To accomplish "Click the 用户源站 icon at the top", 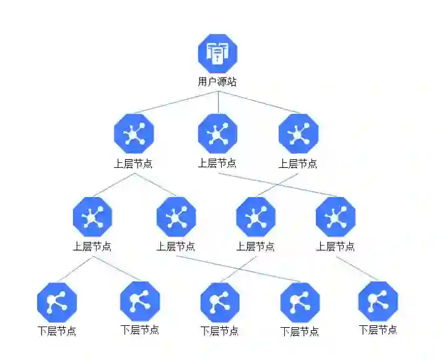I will point(217,55).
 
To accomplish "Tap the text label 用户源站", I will point(217,81).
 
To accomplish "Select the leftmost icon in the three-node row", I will point(134,134).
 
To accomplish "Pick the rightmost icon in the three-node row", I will point(298,134).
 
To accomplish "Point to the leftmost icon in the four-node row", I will point(92,217).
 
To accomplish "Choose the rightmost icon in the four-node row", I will point(336,217).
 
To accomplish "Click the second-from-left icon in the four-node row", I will point(176,217).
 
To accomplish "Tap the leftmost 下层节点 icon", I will point(57,302).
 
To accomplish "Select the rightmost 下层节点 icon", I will point(378,301).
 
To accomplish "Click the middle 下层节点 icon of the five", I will point(220,302).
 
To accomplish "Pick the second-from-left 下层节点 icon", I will point(139,301).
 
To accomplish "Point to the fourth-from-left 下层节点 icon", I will point(300,302).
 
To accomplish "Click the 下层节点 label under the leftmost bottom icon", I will point(57,331).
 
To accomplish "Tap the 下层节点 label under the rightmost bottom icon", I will point(378,330).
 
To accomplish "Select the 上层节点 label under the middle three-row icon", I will point(217,163).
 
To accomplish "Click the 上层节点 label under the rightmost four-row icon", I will point(336,246).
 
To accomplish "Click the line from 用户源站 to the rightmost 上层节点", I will point(258,102).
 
